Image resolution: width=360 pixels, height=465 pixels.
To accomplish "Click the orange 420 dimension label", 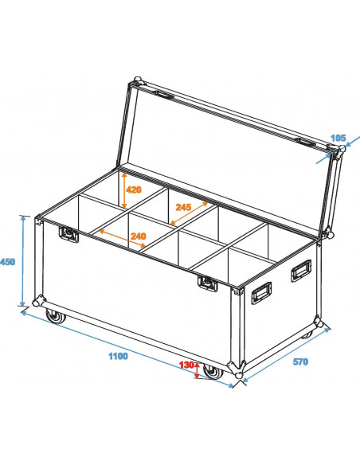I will point(132,190).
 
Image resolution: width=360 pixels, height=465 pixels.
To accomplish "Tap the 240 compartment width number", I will point(138,236).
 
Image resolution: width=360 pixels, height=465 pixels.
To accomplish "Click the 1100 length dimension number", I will point(118,356).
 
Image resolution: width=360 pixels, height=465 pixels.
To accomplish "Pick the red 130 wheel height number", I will point(187,364).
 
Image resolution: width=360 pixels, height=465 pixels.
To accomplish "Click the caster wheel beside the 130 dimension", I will point(211,372).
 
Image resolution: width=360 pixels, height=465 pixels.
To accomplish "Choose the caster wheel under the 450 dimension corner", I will point(54,318).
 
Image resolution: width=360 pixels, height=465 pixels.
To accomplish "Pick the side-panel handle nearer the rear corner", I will point(302,271).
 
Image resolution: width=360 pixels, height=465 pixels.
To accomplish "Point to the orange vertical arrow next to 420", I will point(123,190).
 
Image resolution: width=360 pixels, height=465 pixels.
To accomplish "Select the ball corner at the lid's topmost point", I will point(137,80).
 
